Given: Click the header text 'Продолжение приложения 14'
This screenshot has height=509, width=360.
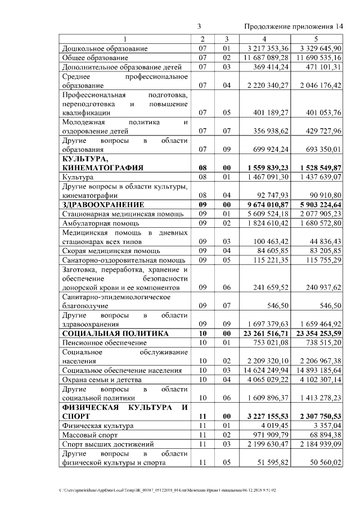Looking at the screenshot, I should pos(294,27).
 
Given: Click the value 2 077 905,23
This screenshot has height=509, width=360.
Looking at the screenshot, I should pos(321,214).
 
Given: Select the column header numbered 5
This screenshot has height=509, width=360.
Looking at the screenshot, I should pos(316,39).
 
